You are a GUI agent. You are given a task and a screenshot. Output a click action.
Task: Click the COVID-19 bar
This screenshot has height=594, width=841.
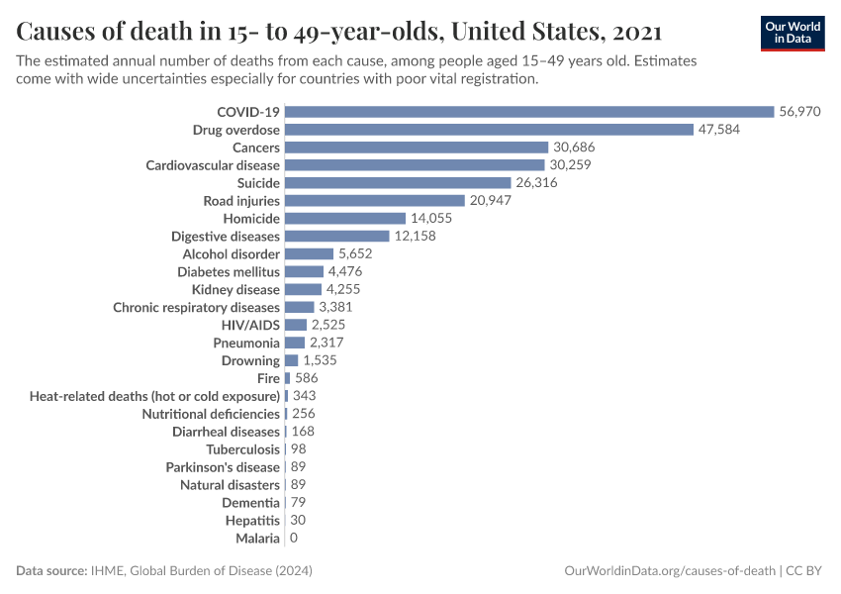[x=529, y=112]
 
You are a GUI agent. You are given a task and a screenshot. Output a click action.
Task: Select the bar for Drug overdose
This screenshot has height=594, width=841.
[x=489, y=130]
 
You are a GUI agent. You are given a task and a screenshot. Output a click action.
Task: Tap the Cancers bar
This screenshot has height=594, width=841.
[x=416, y=148]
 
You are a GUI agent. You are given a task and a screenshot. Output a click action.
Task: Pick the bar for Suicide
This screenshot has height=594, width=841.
[x=398, y=183]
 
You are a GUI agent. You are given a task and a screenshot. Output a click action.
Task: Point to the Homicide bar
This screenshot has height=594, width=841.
[x=345, y=218]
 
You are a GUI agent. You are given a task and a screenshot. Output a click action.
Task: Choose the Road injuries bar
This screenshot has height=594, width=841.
[x=375, y=201]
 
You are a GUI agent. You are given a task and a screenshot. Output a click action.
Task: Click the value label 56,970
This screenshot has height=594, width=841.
[x=799, y=112]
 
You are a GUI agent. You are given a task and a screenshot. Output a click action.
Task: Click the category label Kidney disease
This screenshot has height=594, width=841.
[x=235, y=290]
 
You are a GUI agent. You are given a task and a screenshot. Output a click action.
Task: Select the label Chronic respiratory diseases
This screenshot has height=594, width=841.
[x=196, y=308]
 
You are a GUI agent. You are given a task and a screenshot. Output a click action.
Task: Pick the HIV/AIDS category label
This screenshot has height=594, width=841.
[x=250, y=325]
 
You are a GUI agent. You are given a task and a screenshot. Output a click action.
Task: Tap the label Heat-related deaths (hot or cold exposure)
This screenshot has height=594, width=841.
[x=154, y=396]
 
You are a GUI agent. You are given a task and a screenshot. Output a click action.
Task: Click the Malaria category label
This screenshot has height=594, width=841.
[x=257, y=539]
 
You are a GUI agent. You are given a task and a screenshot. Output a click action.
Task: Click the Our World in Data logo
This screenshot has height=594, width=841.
[x=792, y=33]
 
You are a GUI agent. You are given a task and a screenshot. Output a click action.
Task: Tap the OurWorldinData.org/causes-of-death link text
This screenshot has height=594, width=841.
[x=669, y=571]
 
